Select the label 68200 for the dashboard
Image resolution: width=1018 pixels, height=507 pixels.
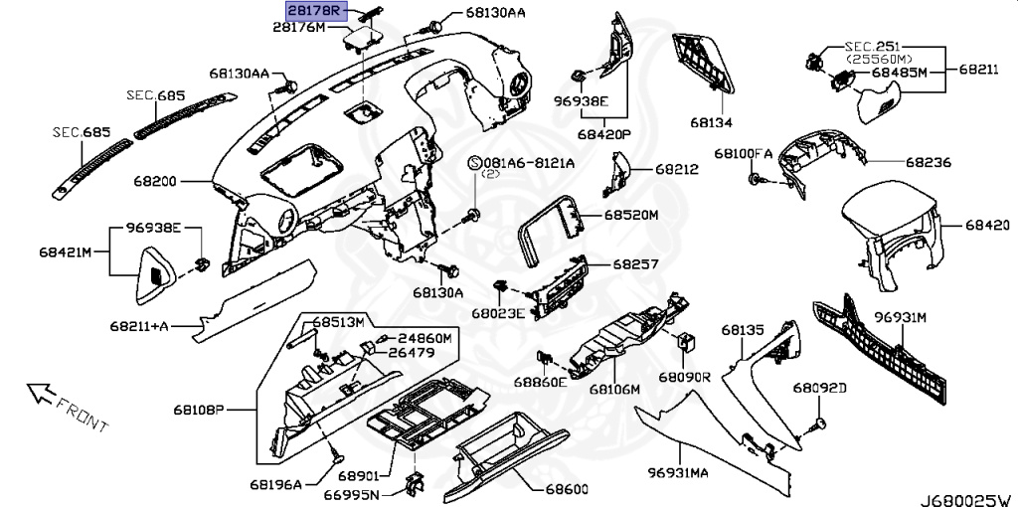155,183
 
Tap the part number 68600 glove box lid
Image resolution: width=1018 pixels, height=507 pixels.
567,490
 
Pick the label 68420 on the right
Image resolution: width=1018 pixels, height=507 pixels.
986,226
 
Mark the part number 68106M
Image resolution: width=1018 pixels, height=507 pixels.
613,390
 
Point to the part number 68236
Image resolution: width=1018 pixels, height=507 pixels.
927,161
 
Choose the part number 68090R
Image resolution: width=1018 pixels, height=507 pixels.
685,378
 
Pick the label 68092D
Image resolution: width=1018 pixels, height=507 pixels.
819,387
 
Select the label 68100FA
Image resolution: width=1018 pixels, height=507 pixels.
743,153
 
